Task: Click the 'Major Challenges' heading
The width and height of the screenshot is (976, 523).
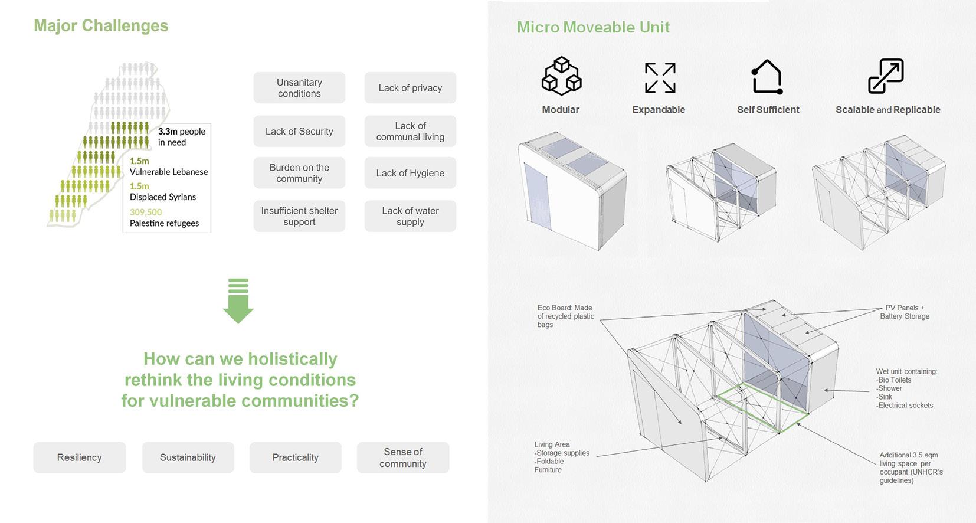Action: tap(101, 26)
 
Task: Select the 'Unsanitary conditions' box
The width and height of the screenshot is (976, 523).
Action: tap(299, 88)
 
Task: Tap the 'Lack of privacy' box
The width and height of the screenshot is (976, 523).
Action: tap(410, 88)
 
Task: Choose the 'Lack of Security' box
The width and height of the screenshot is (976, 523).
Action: tap(299, 131)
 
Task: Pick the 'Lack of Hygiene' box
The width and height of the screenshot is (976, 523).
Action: tap(410, 173)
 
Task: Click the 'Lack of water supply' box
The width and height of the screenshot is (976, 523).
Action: tap(410, 216)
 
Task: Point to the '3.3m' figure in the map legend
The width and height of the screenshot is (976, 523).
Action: tap(168, 132)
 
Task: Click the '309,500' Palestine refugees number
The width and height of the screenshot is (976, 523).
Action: tap(146, 212)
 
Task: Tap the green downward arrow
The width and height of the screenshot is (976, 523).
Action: tap(238, 301)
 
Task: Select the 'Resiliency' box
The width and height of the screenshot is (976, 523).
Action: tap(80, 457)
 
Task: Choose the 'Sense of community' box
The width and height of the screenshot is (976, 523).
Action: tap(403, 457)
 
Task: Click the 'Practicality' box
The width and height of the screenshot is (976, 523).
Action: tap(295, 457)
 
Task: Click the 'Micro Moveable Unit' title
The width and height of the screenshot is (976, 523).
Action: tap(593, 27)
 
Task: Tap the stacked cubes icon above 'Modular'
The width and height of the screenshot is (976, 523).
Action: tap(561, 76)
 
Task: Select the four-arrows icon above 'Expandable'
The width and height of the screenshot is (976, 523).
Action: tap(660, 78)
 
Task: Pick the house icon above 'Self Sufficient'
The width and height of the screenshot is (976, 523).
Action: tap(767, 77)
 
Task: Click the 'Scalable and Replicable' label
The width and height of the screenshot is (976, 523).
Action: tap(887, 110)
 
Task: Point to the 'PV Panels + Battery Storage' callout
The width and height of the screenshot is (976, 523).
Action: tap(905, 312)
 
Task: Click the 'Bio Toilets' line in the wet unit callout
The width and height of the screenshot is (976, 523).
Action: tap(895, 380)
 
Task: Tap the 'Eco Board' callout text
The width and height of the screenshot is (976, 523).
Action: tap(565, 316)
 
